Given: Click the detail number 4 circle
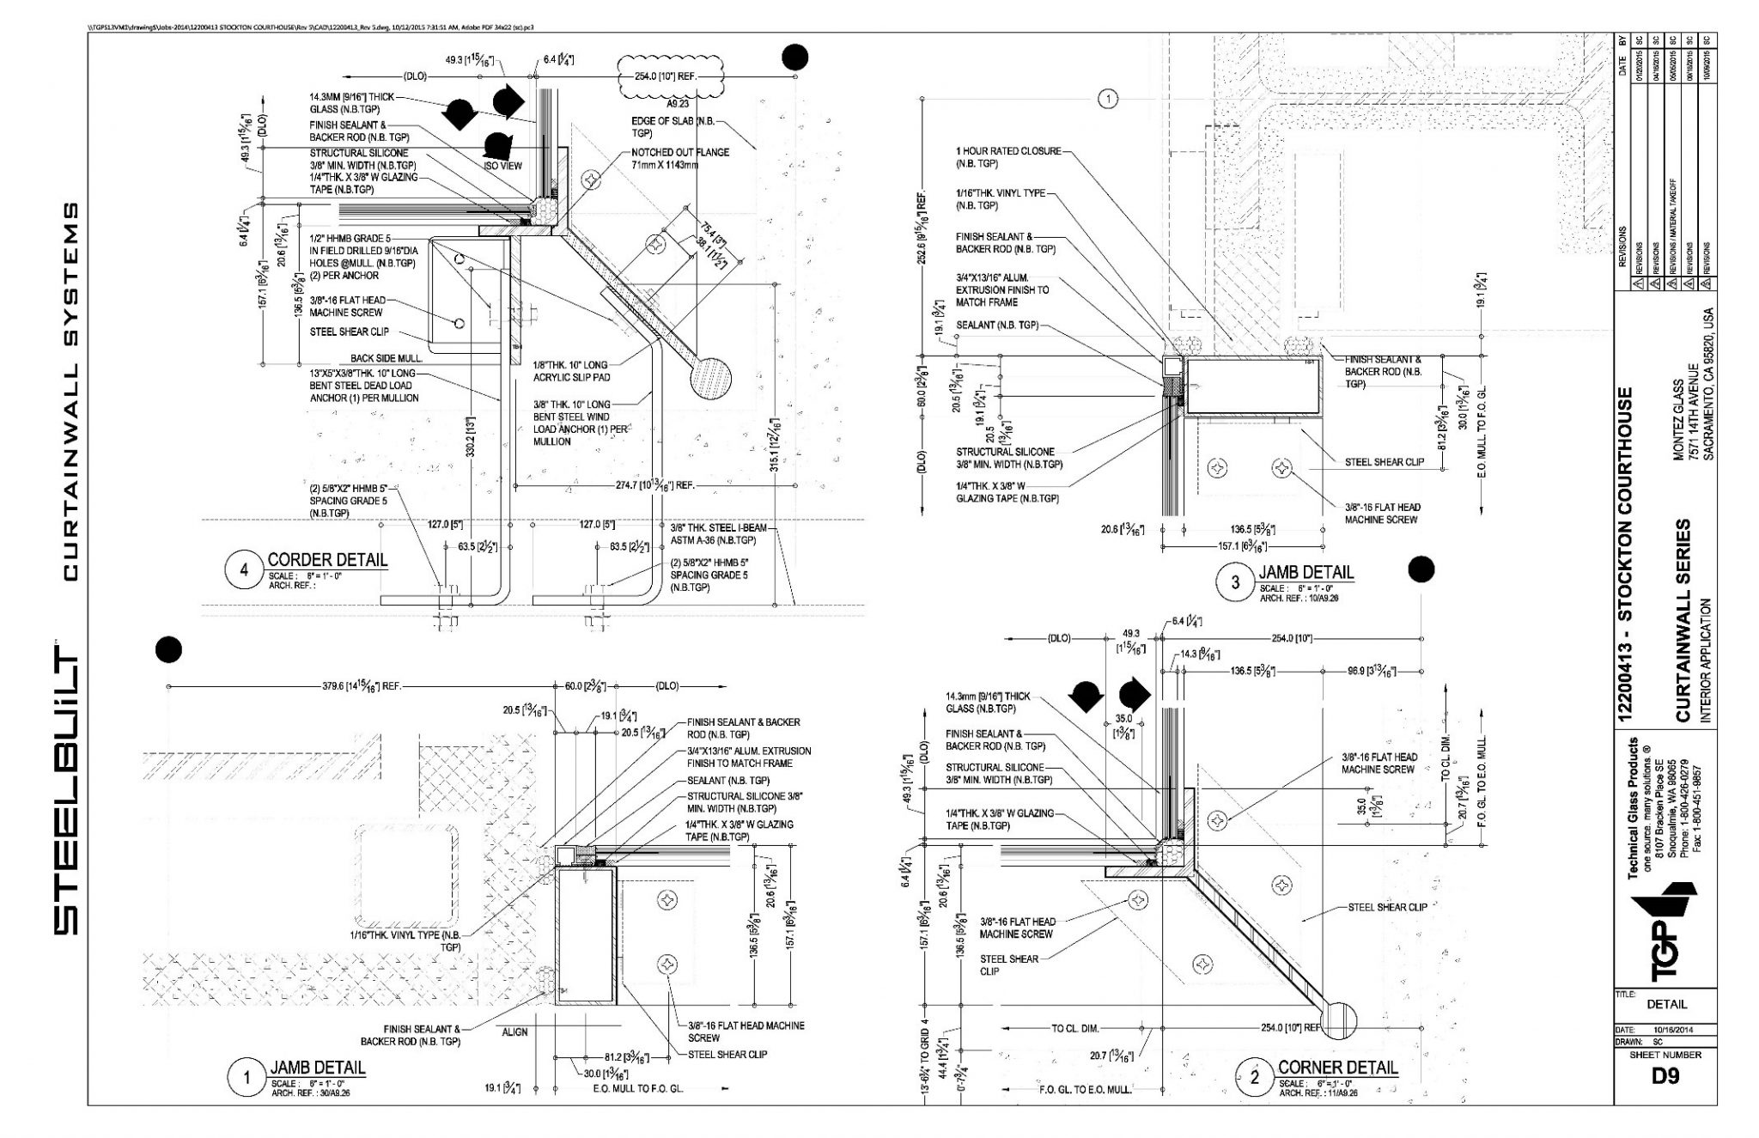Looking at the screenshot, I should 245,570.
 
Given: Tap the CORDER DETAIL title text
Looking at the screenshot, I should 327,560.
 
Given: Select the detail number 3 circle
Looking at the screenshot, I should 1235,582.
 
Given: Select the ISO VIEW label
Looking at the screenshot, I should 502,166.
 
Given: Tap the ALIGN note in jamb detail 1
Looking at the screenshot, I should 514,1032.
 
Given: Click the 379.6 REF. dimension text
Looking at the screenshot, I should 363,686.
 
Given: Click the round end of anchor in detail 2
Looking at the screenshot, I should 1337,1018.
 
